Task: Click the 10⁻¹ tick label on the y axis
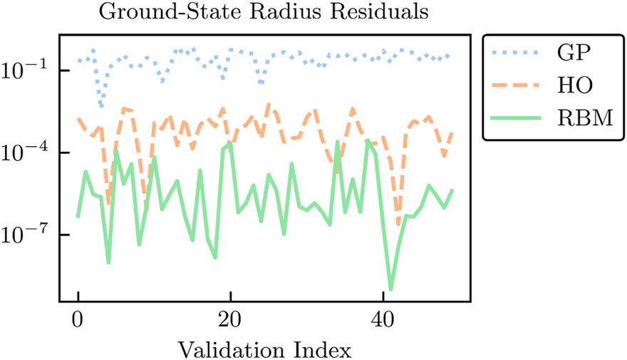coord(27,70)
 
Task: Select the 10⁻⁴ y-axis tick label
coord(27,152)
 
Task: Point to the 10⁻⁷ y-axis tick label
coord(27,234)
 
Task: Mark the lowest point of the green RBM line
coord(391,289)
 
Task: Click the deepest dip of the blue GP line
coord(101,107)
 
